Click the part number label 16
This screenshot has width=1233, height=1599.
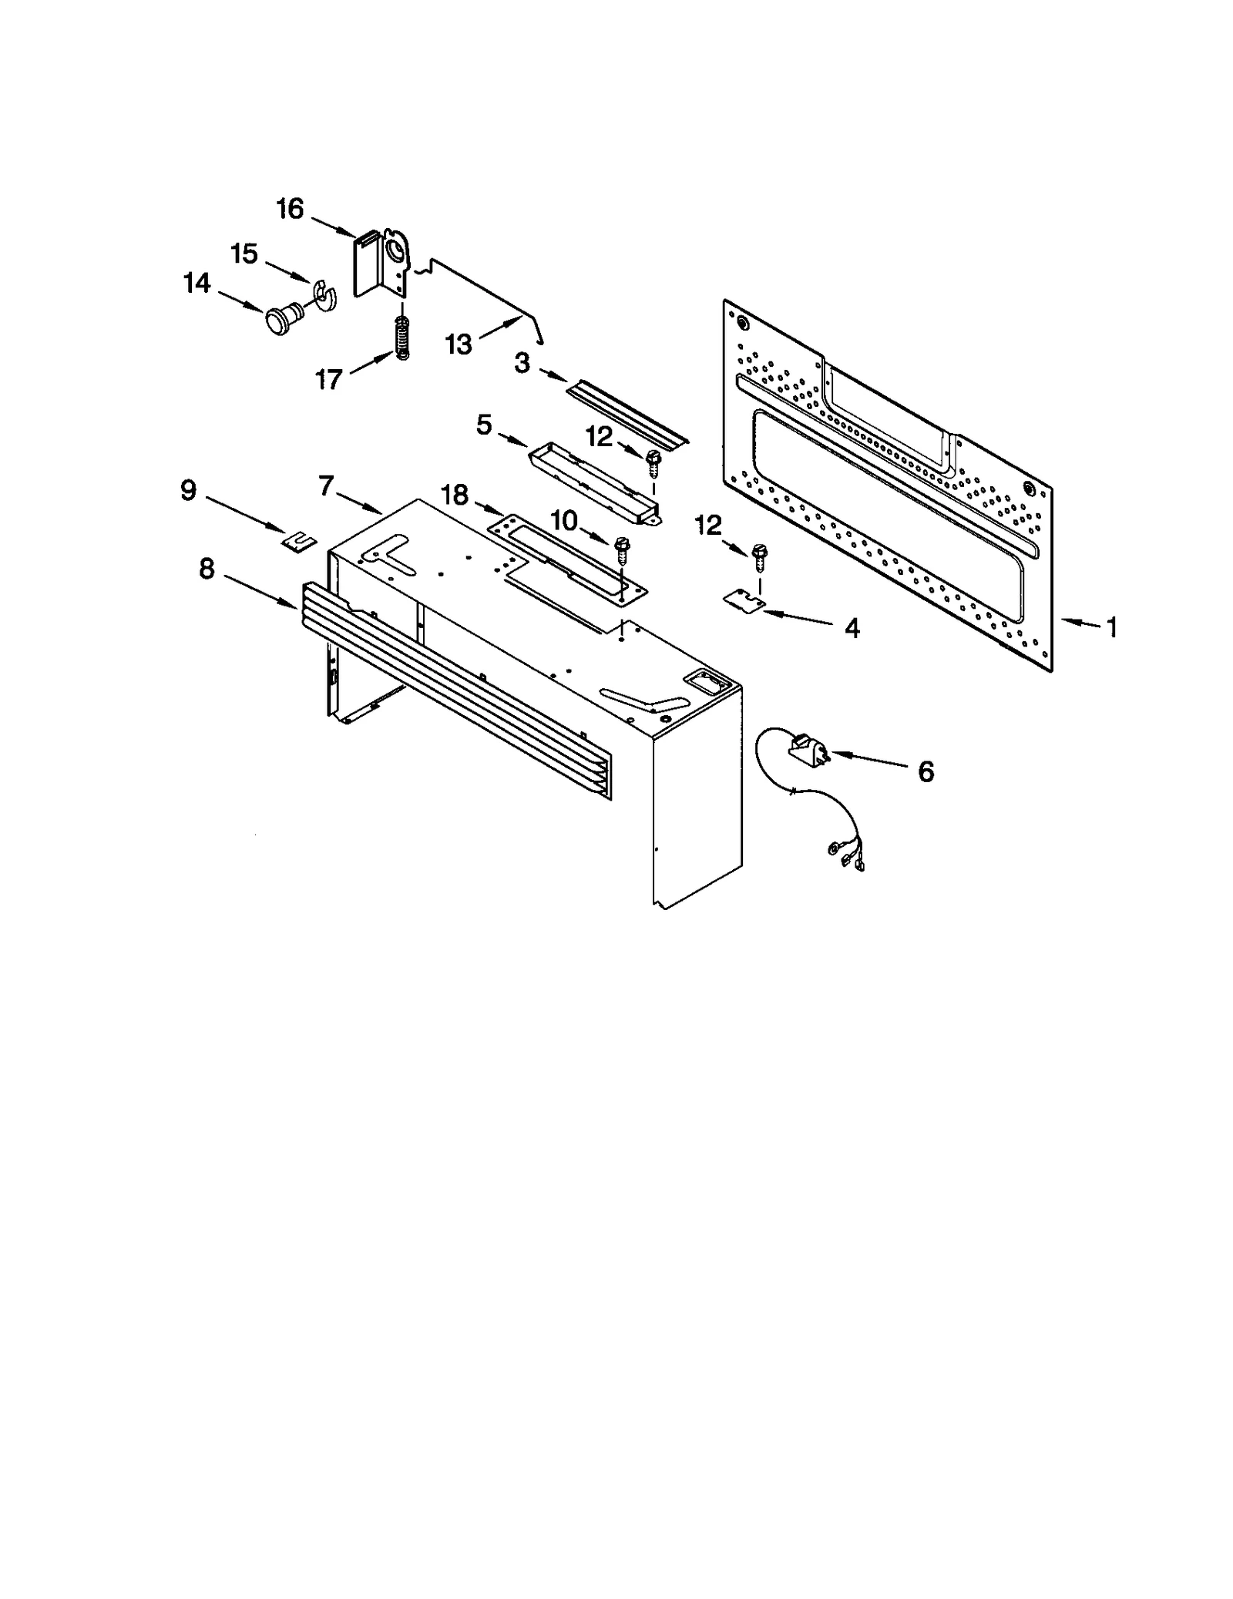[x=291, y=209]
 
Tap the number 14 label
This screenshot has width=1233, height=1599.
[x=197, y=284]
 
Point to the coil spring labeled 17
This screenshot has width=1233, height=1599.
[x=402, y=336]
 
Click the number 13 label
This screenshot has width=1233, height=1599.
[x=459, y=344]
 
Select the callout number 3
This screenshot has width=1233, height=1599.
[x=522, y=364]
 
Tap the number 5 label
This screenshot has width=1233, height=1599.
[x=484, y=424]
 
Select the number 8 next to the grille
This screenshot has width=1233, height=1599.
[x=207, y=569]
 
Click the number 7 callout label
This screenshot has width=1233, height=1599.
[x=326, y=485]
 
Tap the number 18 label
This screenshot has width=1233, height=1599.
[x=455, y=495]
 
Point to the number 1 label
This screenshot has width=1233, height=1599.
[x=1111, y=627]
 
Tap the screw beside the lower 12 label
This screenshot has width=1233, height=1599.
[x=760, y=556]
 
